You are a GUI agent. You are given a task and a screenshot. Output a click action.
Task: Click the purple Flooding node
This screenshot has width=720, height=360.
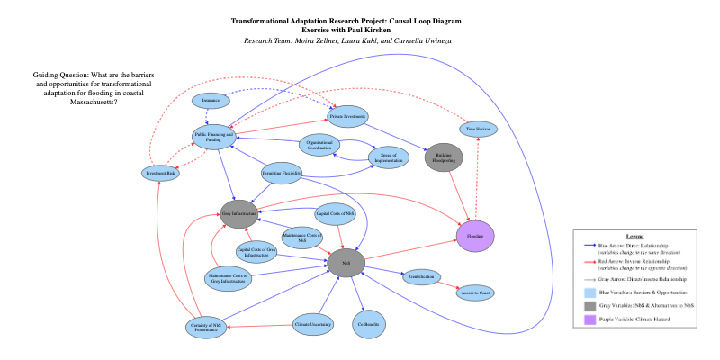tap(476, 235)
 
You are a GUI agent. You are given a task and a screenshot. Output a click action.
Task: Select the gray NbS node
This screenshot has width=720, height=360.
tap(346, 262)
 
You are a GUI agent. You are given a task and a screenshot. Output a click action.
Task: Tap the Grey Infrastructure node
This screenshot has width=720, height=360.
tap(239, 213)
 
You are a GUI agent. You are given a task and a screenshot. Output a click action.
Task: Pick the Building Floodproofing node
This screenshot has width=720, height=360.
tap(442, 157)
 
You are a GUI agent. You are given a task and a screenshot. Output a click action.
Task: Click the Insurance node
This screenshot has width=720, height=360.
tap(211, 100)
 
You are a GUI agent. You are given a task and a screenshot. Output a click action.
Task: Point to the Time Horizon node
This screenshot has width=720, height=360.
tap(478, 130)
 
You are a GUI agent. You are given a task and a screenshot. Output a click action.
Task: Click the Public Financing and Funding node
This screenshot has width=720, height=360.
tap(213, 137)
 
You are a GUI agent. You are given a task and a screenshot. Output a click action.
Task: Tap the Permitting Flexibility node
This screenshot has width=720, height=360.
tap(282, 173)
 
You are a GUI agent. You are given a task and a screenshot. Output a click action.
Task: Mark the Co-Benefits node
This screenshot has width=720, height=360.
tap(367, 324)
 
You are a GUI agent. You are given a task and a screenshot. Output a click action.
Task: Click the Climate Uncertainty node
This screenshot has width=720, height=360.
tap(315, 323)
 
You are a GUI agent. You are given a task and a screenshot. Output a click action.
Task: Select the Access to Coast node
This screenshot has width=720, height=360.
tap(475, 292)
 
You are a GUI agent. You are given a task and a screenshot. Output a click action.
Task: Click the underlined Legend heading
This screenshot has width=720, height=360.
tap(635, 236)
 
